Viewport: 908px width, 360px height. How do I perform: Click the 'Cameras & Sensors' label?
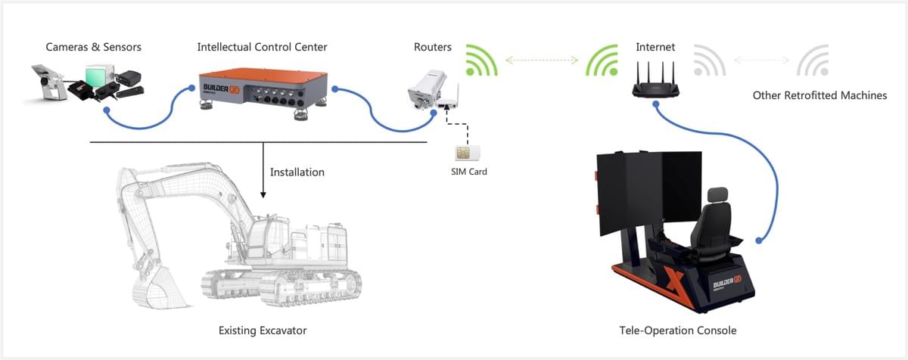point(94,47)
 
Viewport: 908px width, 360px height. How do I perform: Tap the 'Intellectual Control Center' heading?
point(262,47)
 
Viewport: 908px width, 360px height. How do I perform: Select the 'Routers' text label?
point(433,47)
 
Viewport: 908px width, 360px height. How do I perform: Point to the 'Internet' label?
point(655,47)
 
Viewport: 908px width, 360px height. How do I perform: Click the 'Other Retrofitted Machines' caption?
point(819,96)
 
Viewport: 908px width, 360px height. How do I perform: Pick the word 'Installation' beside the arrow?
point(297,172)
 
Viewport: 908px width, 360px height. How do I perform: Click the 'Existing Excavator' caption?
point(263,331)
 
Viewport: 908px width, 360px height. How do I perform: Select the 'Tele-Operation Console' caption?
point(677,331)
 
